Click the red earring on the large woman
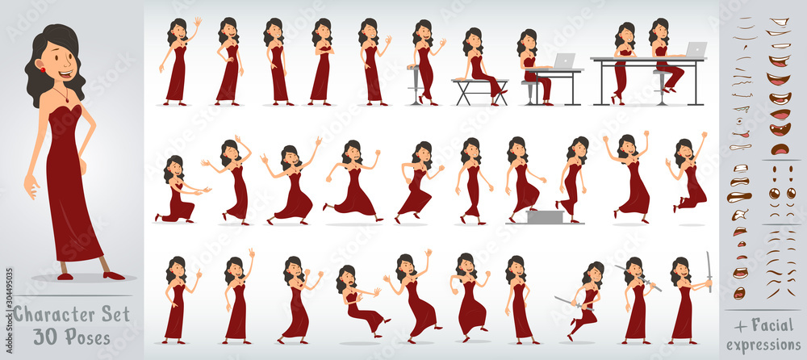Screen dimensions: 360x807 click(41, 71)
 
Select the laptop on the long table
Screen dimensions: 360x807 click(695, 50)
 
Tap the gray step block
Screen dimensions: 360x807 click(541, 216)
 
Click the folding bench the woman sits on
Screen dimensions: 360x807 click(481, 90)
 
